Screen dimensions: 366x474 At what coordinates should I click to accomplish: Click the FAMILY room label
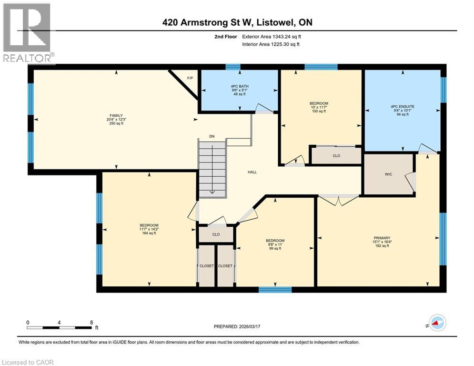[x=116, y=115]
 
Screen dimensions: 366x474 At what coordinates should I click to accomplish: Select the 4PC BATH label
[x=238, y=87]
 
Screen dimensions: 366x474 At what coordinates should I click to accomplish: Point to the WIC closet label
[x=388, y=174]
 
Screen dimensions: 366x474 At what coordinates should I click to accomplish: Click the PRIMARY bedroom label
[x=382, y=238]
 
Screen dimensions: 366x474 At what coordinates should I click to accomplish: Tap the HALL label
[x=252, y=172]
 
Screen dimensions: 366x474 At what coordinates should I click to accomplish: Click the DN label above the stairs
[x=212, y=137]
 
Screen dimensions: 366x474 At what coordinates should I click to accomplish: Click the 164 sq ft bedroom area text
[x=149, y=234]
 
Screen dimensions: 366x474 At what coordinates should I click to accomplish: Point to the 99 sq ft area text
[x=275, y=249]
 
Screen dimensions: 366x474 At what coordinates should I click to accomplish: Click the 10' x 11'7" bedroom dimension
[x=319, y=107]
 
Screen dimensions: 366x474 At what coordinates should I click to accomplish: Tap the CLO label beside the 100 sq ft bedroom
[x=336, y=155]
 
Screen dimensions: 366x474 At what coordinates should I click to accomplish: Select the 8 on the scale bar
[x=91, y=323]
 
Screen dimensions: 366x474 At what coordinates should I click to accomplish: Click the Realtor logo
[x=27, y=33]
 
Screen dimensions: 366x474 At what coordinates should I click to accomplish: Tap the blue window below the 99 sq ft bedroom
[x=275, y=289]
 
